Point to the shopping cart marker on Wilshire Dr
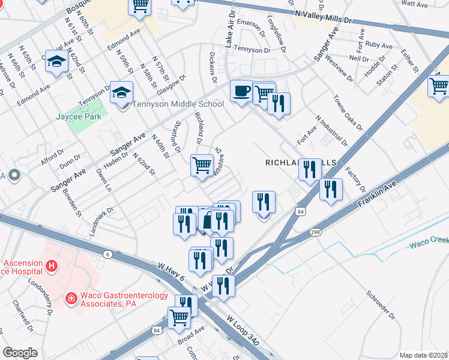tap(202, 164)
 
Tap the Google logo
tap(19, 353)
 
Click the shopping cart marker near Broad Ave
tap(179, 317)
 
